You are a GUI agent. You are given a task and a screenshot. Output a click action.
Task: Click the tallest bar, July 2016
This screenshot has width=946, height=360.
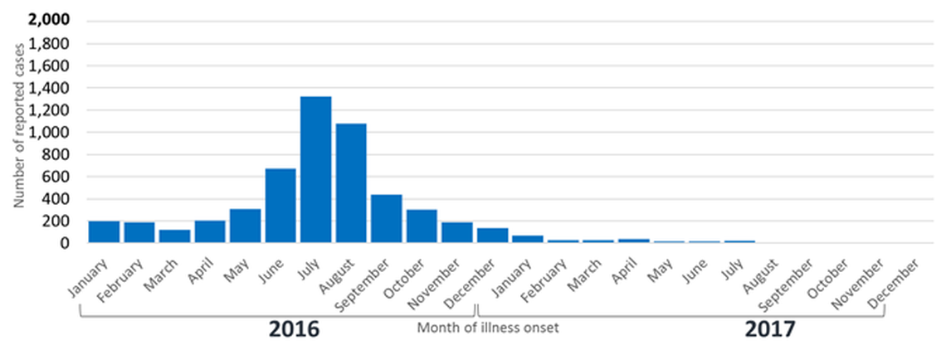pyautogui.click(x=315, y=170)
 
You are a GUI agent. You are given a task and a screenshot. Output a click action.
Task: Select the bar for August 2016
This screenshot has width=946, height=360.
pyautogui.click(x=351, y=183)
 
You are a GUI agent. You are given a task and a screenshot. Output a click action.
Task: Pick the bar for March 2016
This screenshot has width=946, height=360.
pyautogui.click(x=175, y=236)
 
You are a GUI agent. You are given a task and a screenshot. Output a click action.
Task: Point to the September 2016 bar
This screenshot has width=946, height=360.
pyautogui.click(x=387, y=219)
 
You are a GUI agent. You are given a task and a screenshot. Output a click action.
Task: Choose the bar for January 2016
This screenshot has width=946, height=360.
pyautogui.click(x=104, y=232)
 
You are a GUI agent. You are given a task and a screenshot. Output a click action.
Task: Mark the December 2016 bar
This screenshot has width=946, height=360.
pyautogui.click(x=492, y=236)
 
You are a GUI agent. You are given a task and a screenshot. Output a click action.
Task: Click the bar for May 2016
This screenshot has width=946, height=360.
pyautogui.click(x=245, y=226)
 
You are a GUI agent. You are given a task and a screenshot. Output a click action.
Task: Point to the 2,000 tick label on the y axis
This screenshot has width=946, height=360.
pyautogui.click(x=49, y=21)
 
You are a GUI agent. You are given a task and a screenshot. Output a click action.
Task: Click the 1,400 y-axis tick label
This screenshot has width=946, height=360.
pyautogui.click(x=49, y=88)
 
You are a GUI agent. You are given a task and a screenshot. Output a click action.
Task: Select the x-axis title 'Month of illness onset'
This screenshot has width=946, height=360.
pyautogui.click(x=487, y=328)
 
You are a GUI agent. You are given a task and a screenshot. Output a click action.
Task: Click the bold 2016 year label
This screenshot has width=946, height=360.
pyautogui.click(x=294, y=329)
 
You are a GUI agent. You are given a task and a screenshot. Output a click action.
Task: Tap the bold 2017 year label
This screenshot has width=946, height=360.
pyautogui.click(x=769, y=329)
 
